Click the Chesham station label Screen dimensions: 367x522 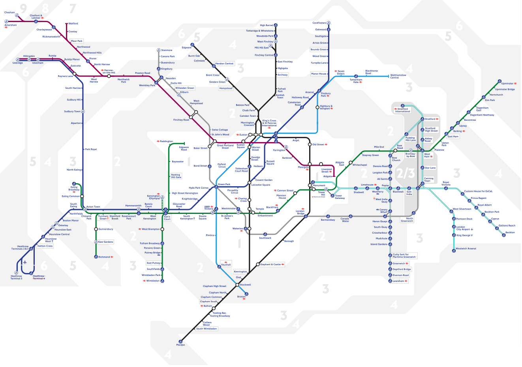[x=9, y=12]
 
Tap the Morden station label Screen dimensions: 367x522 [x=180, y=345]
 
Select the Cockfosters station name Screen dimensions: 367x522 [x=319, y=23]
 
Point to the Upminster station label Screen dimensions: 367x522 [x=507, y=84]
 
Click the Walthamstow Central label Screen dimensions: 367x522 [x=398, y=76]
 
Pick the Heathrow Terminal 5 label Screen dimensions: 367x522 [x=16, y=277]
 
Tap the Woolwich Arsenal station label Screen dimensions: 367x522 [x=466, y=249]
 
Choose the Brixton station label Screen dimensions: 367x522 [x=241, y=297]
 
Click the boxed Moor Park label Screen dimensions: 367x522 [x=77, y=41]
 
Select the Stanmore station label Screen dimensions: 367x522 [x=167, y=50]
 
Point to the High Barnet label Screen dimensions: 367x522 [x=267, y=25]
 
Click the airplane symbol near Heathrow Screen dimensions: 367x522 [x=25, y=262]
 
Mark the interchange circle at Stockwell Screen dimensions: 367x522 [x=238, y=285]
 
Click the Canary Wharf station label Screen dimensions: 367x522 [x=383, y=211]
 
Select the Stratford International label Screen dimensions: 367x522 [x=403, y=110]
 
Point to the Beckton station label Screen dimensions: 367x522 [x=510, y=232]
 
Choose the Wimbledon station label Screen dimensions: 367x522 [x=153, y=281]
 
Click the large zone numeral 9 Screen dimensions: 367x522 [x=24, y=8]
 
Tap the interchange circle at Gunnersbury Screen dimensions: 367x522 [x=96, y=229]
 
